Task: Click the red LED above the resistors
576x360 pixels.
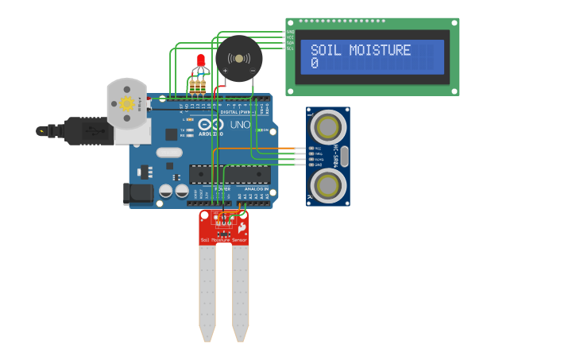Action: (200, 60)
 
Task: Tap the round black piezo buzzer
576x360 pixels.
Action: (238, 58)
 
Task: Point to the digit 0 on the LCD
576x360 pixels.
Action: (315, 64)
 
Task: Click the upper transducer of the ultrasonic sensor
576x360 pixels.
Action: (327, 126)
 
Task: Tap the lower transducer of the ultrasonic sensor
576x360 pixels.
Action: (327, 186)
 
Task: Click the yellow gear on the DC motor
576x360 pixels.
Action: (126, 104)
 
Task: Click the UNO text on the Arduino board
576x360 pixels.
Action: (240, 125)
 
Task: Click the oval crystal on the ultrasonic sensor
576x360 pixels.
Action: (344, 157)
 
